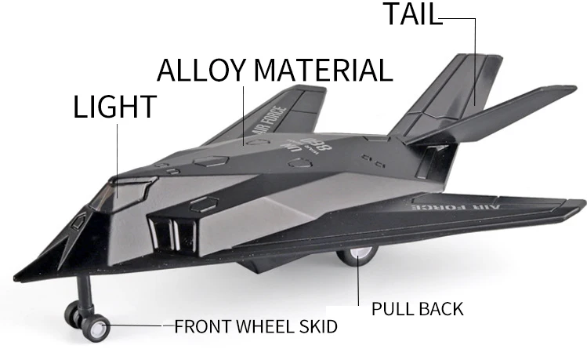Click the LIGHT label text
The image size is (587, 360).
(115, 107)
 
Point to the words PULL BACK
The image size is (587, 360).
(417, 308)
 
